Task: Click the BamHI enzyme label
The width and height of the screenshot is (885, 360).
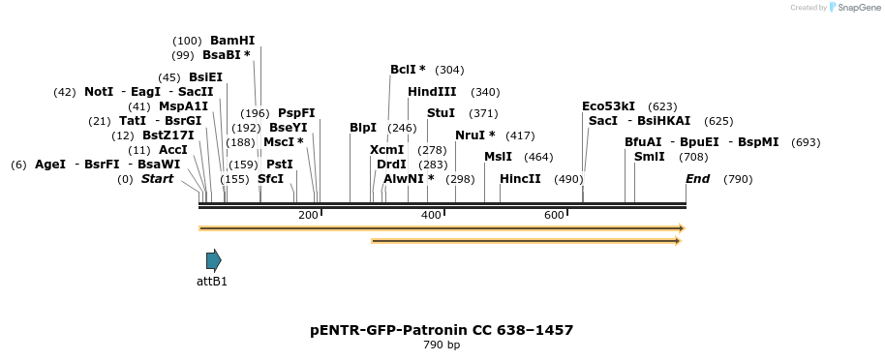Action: [x=232, y=41]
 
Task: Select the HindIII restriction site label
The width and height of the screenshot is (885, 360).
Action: [x=432, y=92]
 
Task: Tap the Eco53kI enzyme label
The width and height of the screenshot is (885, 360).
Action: [x=608, y=106]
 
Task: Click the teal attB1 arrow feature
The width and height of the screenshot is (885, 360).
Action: [x=213, y=259]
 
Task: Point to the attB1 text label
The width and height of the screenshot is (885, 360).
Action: [x=212, y=282]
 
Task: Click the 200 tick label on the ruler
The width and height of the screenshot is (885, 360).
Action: [x=308, y=215]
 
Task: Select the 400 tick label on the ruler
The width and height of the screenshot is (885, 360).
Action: [x=431, y=215]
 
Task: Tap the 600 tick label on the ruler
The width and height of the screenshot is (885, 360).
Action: [x=554, y=215]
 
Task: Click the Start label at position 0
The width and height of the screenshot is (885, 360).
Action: [x=157, y=179]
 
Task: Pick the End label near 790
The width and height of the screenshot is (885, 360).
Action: [x=697, y=179]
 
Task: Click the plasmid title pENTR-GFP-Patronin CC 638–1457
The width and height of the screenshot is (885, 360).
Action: [x=442, y=330]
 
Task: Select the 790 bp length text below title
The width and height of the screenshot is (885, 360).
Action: [x=442, y=345]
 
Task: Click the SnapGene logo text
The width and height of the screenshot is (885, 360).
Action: [x=856, y=8]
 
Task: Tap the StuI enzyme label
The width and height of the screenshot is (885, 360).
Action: [x=441, y=113]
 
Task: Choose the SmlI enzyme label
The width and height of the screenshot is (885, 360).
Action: [x=649, y=157]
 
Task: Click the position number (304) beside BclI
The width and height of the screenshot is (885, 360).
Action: [x=449, y=70]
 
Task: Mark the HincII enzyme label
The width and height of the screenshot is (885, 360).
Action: [x=520, y=179]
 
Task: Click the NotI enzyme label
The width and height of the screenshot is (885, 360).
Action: [x=99, y=92]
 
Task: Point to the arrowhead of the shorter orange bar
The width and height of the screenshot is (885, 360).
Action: [x=679, y=240]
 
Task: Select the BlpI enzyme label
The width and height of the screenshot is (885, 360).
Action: [x=363, y=128]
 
